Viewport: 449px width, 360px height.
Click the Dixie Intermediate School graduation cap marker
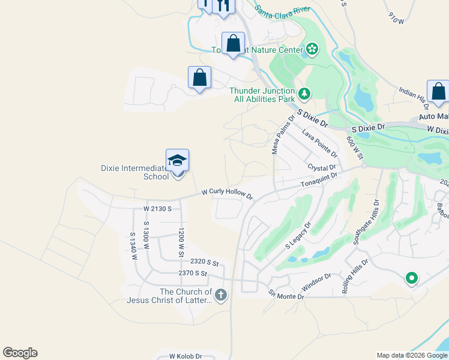click(177, 161)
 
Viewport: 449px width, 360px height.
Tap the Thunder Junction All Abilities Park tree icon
click(305, 93)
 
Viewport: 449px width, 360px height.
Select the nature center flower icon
click(312, 49)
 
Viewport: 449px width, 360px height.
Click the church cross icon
click(221, 294)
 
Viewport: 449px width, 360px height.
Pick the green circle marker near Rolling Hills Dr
click(411, 278)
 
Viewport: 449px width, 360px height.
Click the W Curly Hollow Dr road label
click(228, 194)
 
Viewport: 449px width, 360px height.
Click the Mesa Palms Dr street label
click(277, 136)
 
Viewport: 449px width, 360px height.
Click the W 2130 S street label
click(158, 209)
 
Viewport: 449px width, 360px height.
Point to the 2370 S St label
click(193, 273)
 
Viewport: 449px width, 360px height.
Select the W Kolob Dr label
click(185, 356)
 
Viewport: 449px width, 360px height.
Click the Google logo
click(20, 353)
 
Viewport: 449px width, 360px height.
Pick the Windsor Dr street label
click(316, 283)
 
